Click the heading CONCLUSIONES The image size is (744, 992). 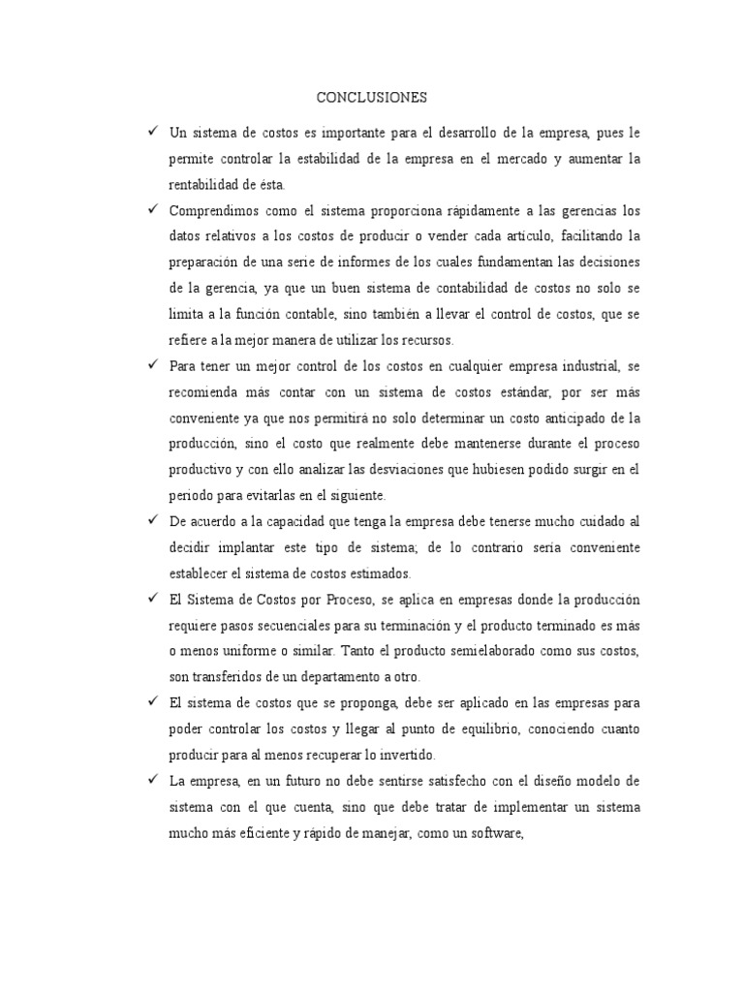click(372, 98)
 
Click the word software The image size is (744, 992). click(493, 833)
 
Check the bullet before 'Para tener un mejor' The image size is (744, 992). click(152, 366)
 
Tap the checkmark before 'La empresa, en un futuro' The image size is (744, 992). click(152, 781)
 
